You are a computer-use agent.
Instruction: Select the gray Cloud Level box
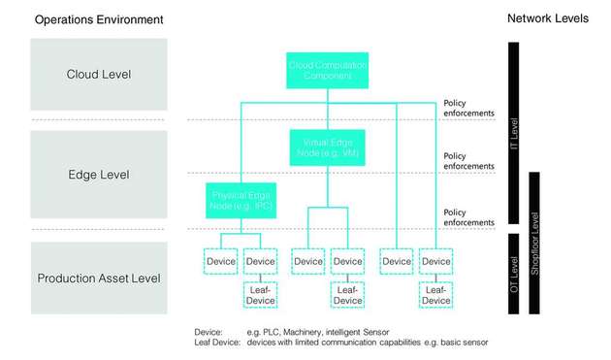tap(99, 74)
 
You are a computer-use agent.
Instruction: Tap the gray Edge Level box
tap(99, 175)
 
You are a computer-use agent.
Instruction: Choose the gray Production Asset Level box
tap(99, 278)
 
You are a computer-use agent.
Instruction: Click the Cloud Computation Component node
tap(327, 70)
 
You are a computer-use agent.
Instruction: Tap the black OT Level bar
tap(514, 273)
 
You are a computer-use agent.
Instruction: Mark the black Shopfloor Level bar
tap(534, 242)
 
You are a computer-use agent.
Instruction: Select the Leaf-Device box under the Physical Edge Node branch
tap(260, 295)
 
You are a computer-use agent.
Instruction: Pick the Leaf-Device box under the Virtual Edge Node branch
tap(347, 295)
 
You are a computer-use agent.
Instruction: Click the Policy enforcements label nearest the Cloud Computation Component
tap(468, 108)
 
